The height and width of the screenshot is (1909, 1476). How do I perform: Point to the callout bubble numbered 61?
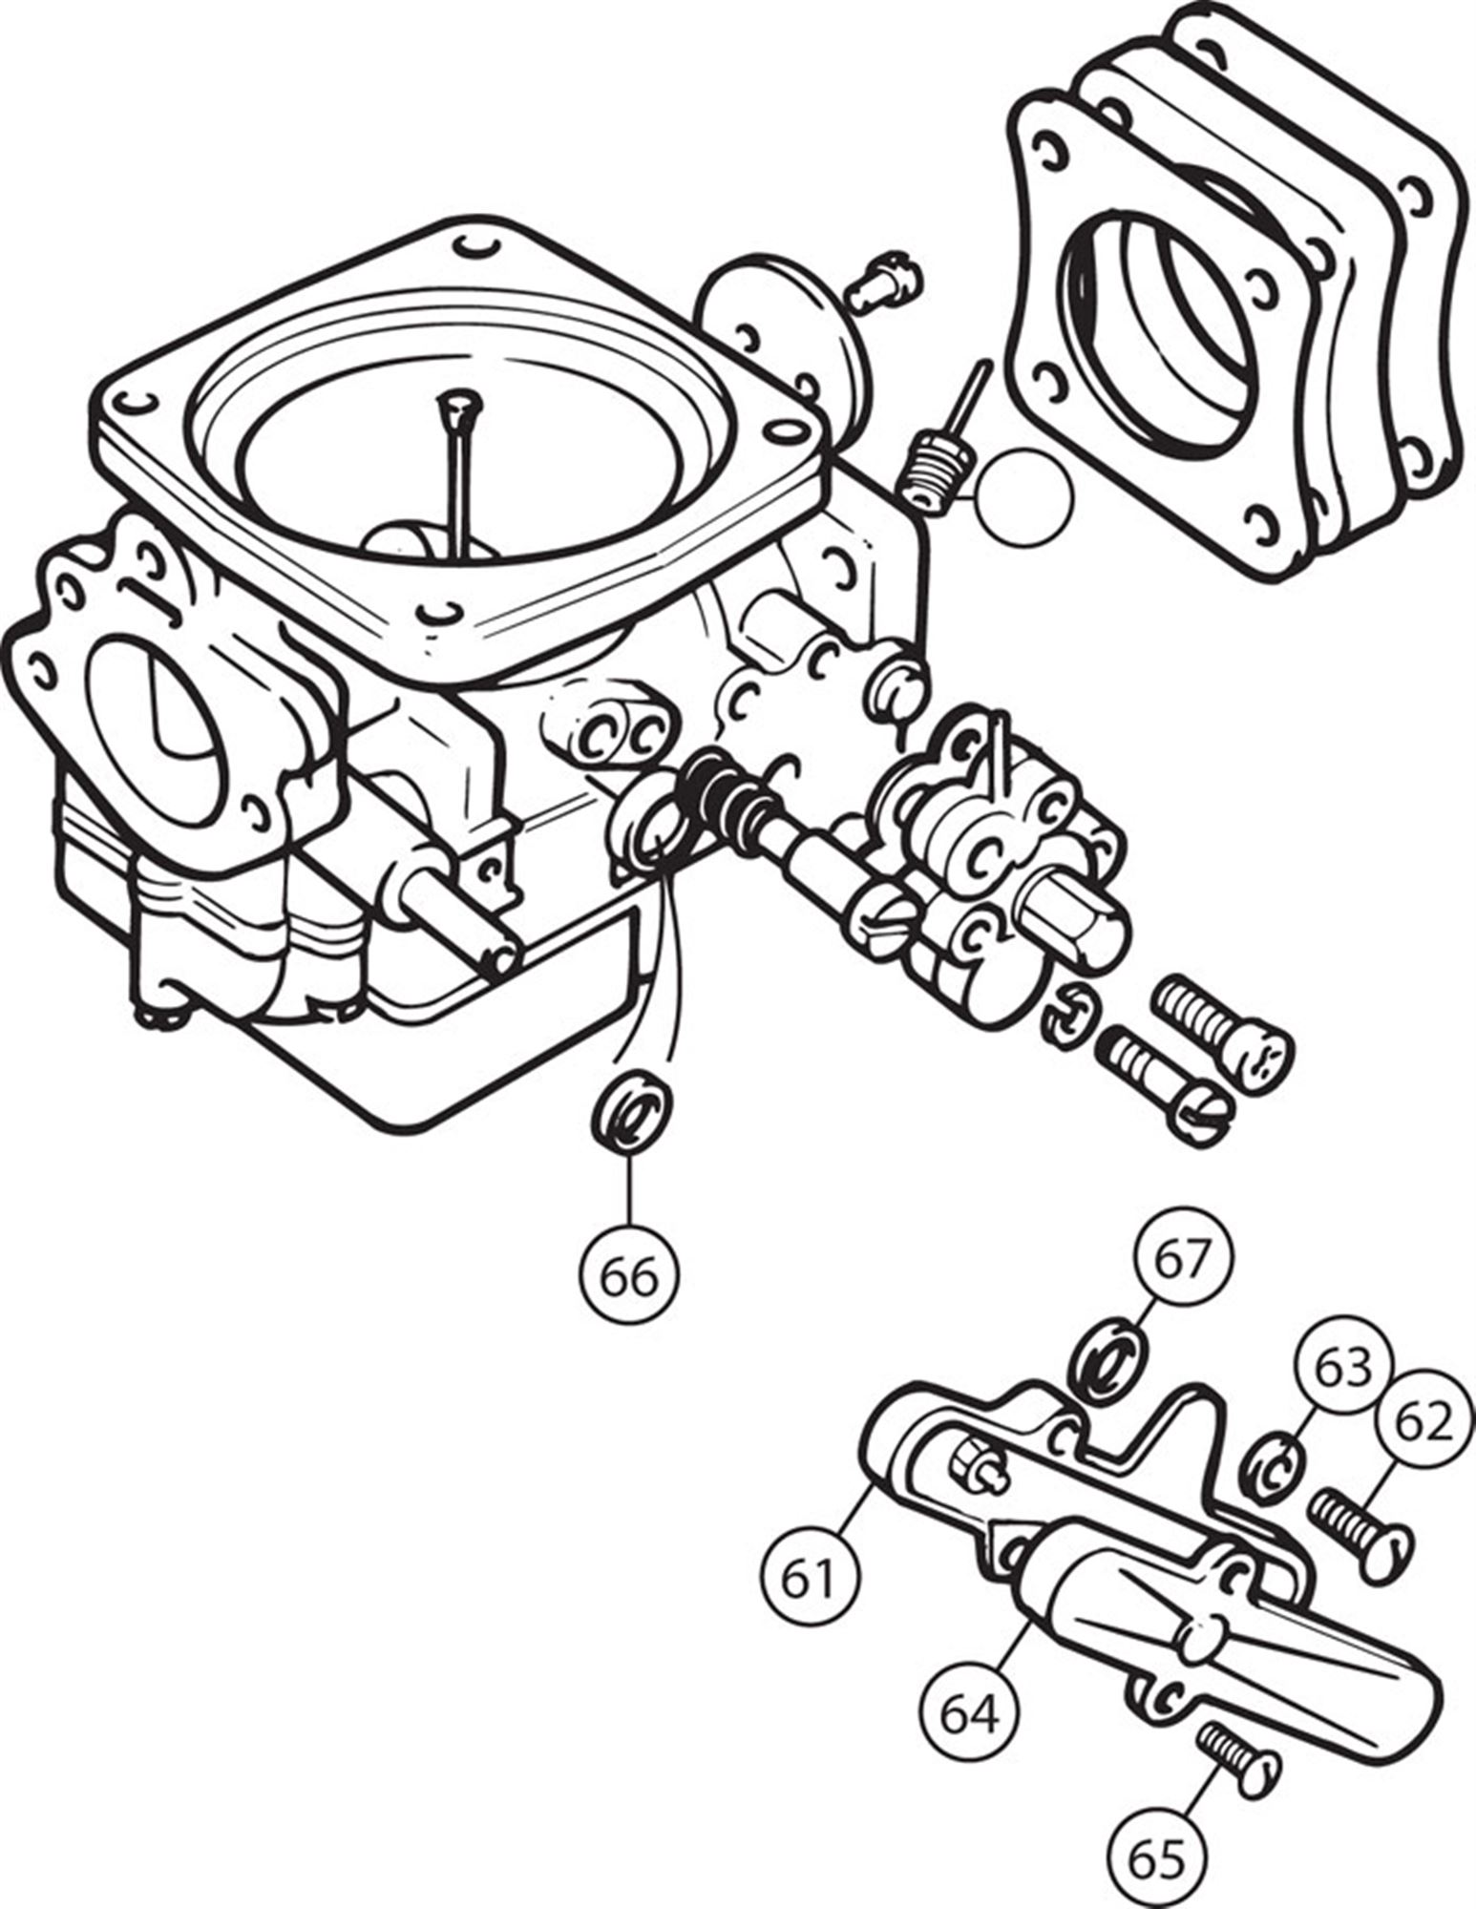(811, 1580)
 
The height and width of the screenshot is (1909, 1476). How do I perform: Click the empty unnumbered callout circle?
(1023, 496)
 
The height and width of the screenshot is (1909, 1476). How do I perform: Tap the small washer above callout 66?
(631, 1113)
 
